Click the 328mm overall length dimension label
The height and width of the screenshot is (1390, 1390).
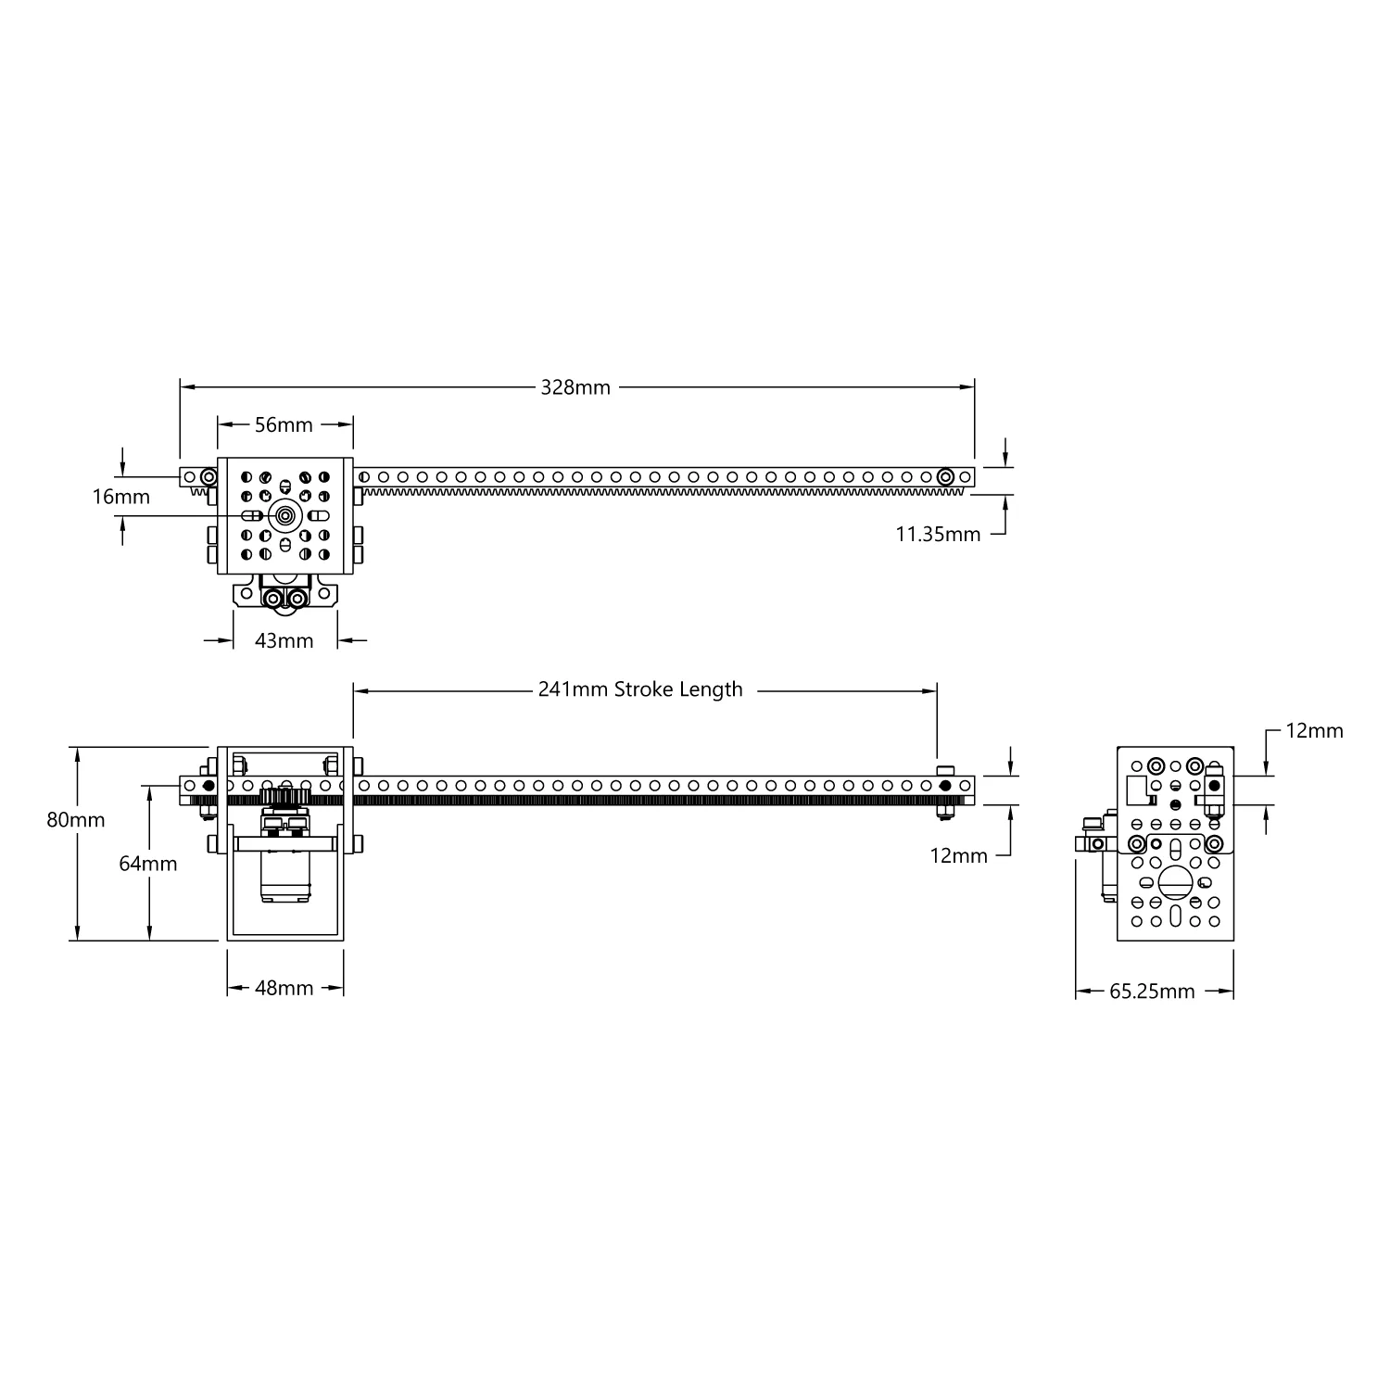click(x=575, y=387)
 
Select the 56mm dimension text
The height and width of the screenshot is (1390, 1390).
click(x=284, y=424)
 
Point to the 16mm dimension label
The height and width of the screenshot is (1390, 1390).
click(x=120, y=497)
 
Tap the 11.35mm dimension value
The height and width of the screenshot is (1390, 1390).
click(x=938, y=534)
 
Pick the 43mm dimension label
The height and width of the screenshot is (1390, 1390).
click(x=284, y=640)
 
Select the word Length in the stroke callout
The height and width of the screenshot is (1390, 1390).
click(x=711, y=690)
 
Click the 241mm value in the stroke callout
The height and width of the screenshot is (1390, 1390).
click(x=573, y=689)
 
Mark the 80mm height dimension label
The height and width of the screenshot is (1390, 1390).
click(x=76, y=820)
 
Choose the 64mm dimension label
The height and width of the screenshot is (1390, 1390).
click(x=148, y=864)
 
